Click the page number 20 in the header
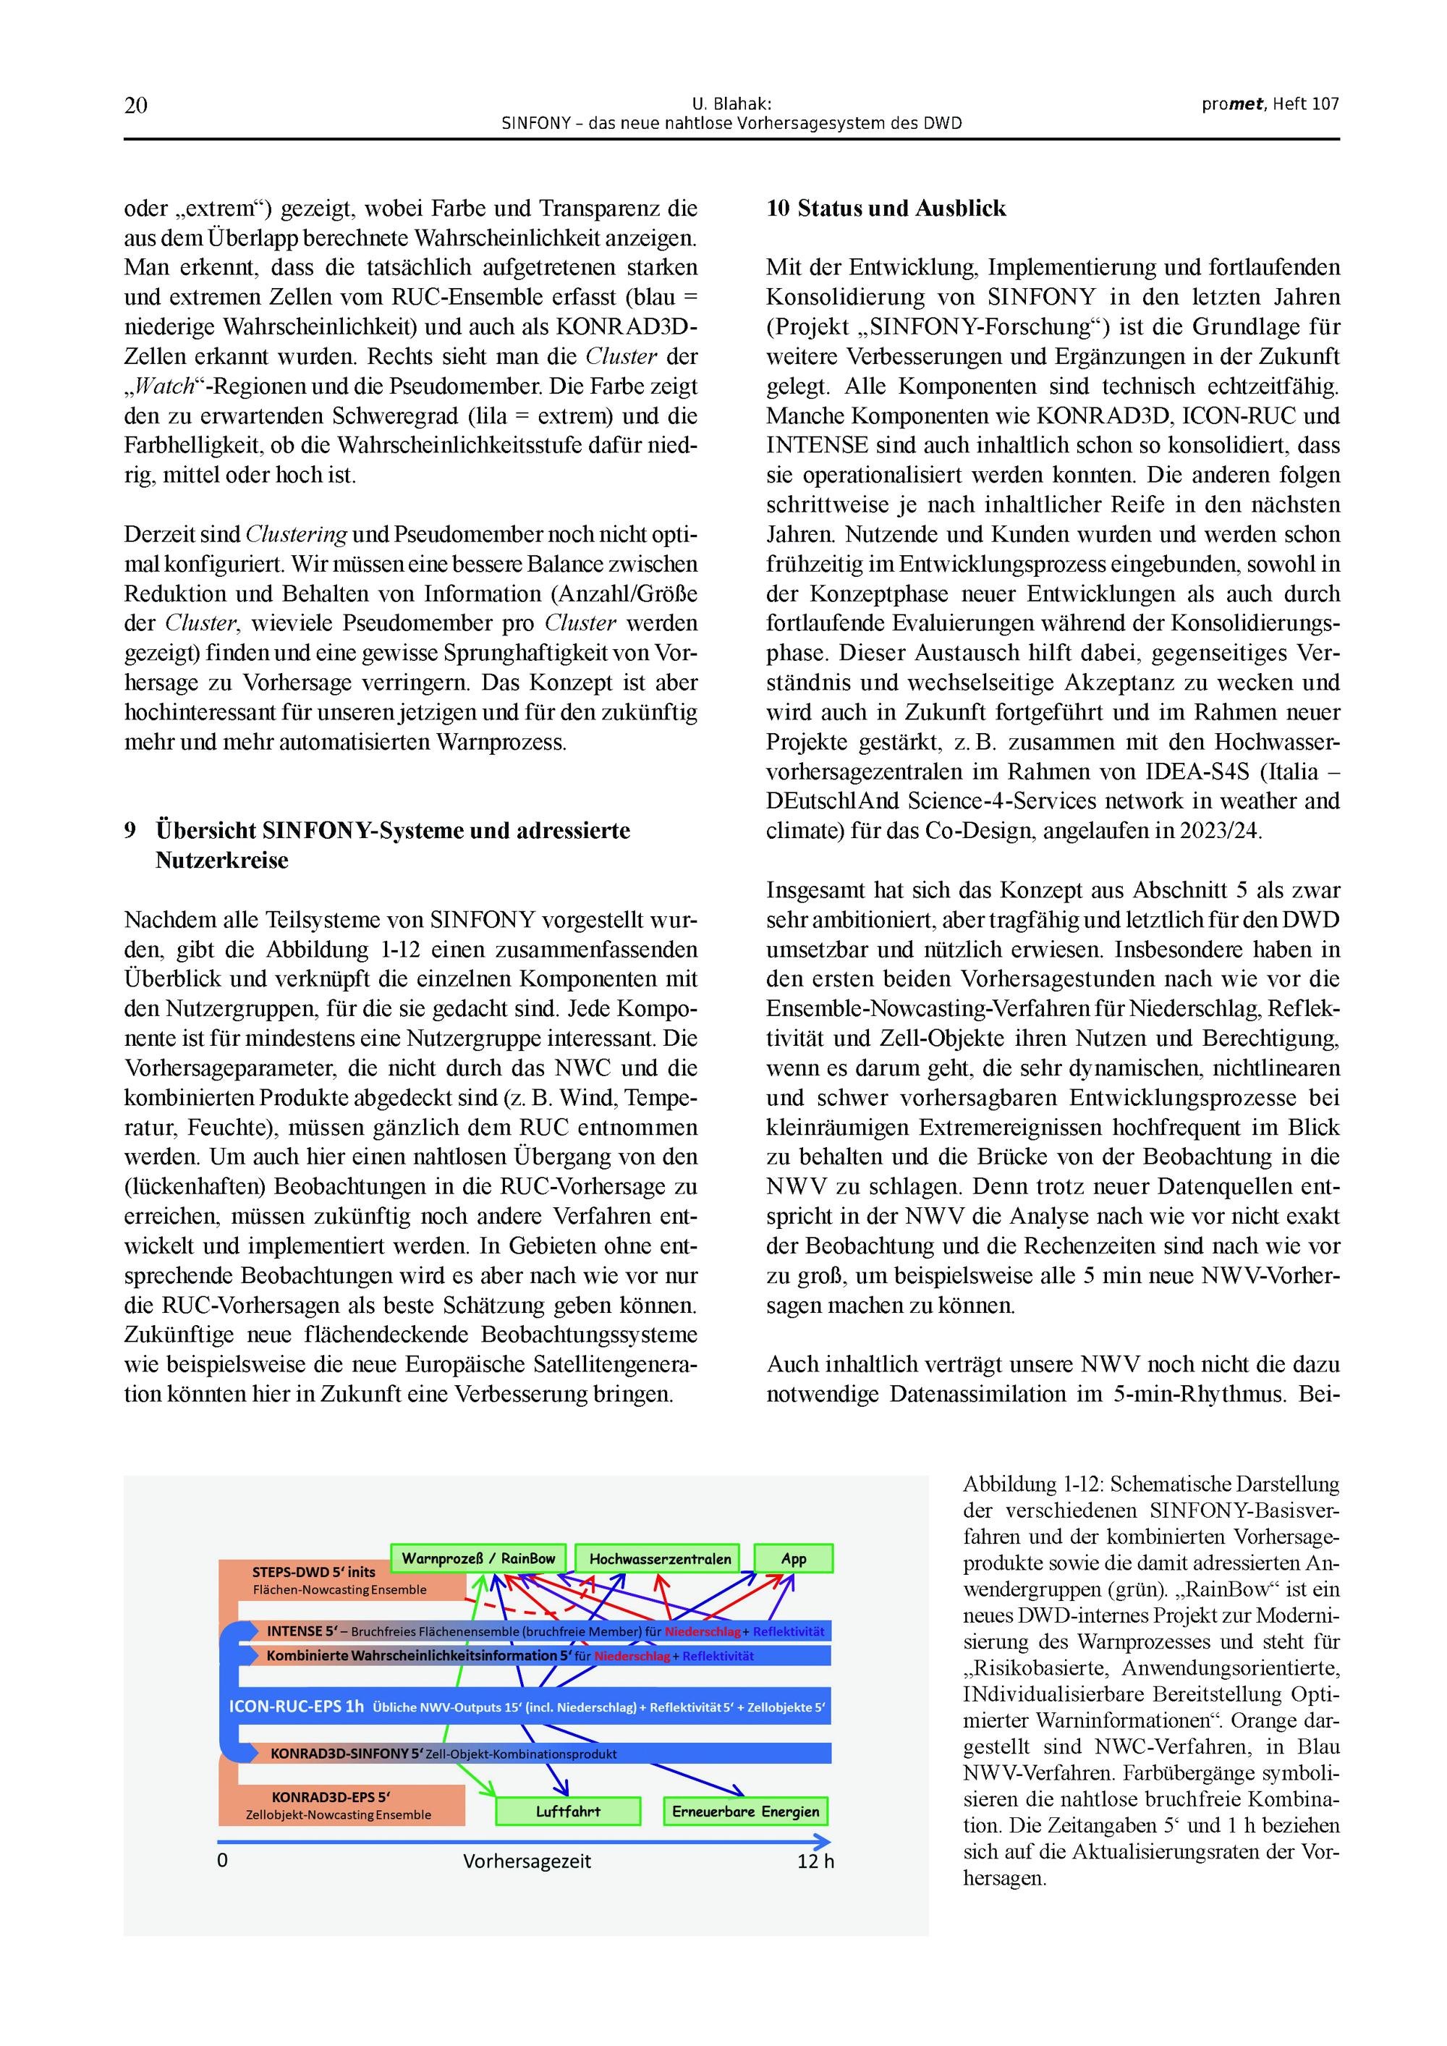tap(135, 105)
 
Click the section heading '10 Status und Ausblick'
tap(886, 208)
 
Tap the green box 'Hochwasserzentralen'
tap(659, 1558)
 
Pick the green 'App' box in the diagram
tap(793, 1558)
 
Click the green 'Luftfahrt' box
tap(567, 1812)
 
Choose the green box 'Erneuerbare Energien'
tap(745, 1812)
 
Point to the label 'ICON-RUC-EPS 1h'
tap(297, 1707)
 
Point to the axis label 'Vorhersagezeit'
tap(527, 1861)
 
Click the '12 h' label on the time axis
tap(815, 1861)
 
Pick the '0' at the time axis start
tap(223, 1861)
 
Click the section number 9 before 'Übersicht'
tap(130, 831)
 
